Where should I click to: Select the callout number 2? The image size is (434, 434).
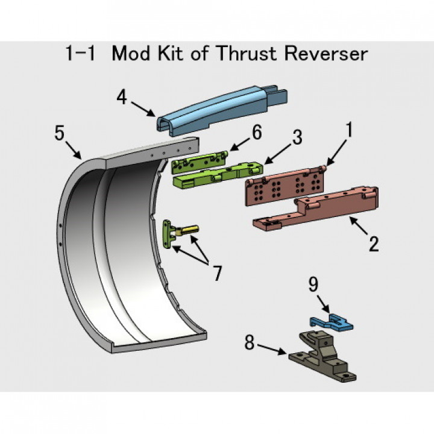tap(374, 244)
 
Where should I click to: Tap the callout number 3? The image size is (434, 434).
tap(297, 137)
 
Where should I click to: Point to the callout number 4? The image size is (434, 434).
tap(122, 97)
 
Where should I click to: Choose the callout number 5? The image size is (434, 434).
tap(59, 133)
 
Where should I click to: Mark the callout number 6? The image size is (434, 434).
tap(256, 133)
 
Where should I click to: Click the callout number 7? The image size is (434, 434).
tap(216, 272)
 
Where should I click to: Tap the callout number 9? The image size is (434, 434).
tap(314, 284)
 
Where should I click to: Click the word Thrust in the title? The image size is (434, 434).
tap(250, 54)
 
